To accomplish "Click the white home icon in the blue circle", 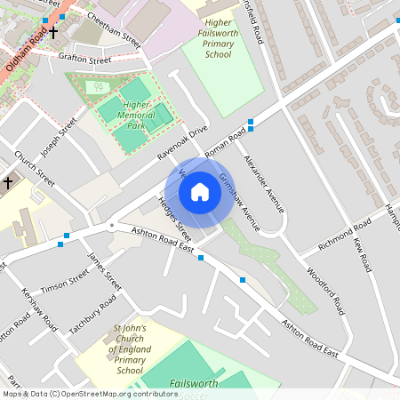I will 200,191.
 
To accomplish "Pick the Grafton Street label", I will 84,60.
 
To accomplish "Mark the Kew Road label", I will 362,254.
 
